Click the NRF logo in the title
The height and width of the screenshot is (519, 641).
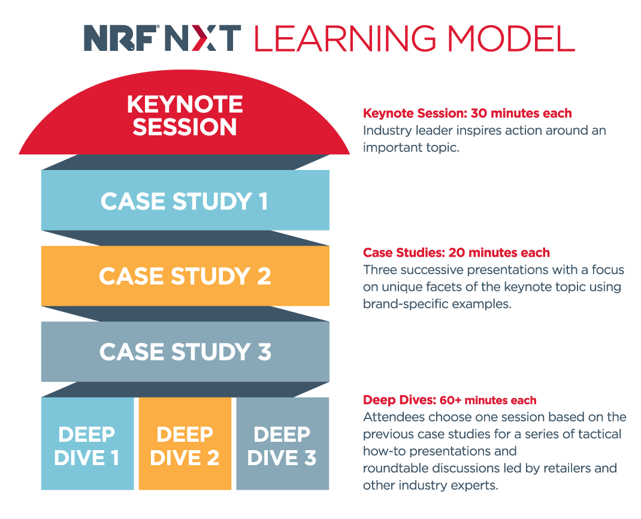point(122,38)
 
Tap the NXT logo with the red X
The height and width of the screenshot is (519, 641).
point(202,38)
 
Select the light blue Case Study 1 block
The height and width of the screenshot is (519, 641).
point(185,200)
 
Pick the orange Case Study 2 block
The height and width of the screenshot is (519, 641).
point(185,275)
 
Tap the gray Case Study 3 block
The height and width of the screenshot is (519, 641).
point(185,351)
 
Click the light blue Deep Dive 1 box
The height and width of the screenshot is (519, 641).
point(87,444)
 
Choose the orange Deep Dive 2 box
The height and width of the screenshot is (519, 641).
point(185,444)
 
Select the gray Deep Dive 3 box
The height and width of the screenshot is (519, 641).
point(283,444)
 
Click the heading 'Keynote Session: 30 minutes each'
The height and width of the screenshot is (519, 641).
point(467,113)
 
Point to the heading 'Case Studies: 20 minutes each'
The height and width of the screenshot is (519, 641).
point(456,253)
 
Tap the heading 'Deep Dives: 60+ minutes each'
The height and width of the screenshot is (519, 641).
point(450,400)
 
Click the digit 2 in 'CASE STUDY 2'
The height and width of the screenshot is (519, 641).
point(264,276)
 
